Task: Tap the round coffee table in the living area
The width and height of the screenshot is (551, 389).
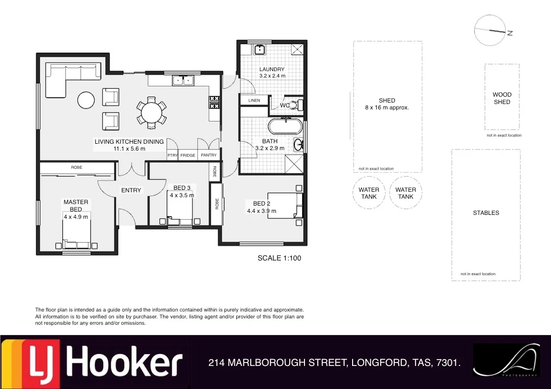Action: coord(86,101)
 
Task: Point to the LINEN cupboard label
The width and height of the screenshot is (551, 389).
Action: coord(254,101)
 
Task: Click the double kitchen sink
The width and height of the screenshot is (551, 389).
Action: coord(183,80)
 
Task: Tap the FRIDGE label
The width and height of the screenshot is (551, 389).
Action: coord(188,156)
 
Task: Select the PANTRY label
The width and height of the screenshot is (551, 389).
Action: coord(209,156)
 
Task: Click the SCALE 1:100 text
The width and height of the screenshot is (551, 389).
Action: coord(279,258)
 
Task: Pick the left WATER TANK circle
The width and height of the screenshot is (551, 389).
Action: coord(369,193)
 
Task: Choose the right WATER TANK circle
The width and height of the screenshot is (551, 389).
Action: coord(406,193)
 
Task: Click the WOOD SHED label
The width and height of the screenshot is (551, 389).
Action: coord(502,98)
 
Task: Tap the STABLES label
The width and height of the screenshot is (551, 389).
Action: coord(486,213)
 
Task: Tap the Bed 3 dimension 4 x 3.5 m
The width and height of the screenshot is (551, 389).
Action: coord(182,195)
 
